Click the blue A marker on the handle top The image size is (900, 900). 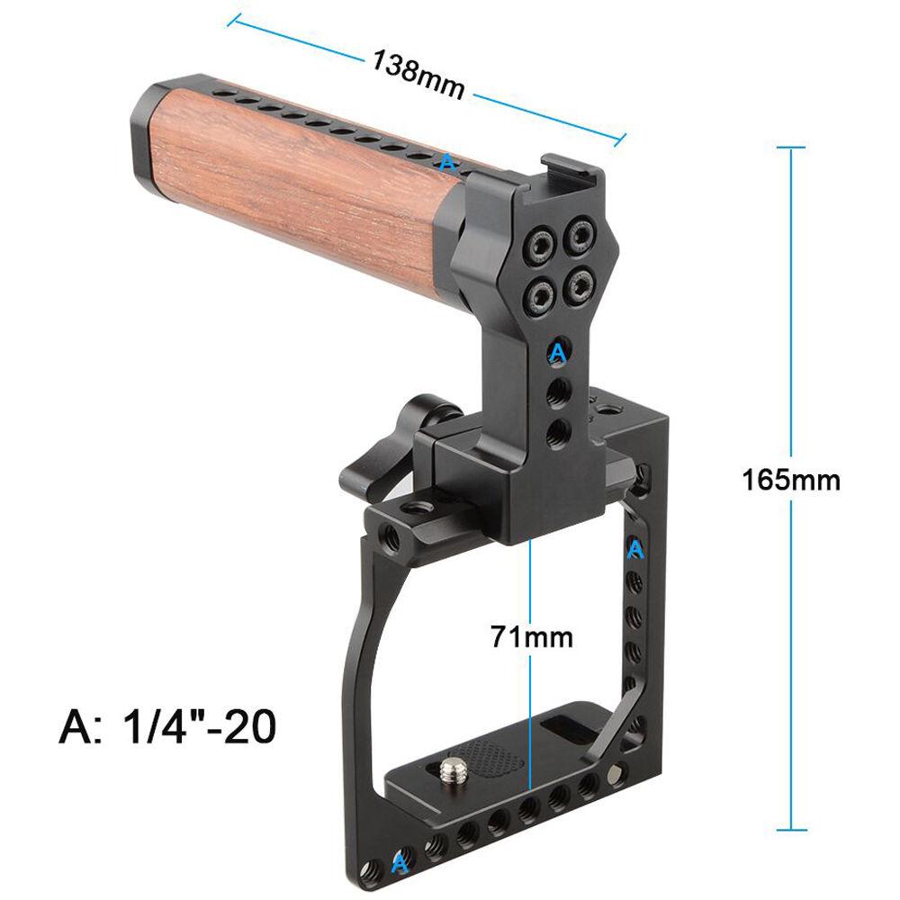coord(447,162)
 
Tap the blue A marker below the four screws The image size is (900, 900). coord(558,352)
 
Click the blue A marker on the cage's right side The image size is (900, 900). coord(635,548)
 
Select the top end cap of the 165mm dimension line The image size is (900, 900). coord(791,148)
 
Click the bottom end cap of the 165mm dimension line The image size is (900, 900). coord(791,830)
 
